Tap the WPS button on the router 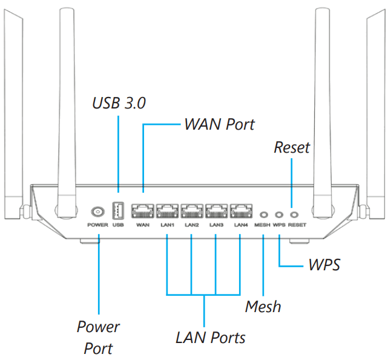[x=278, y=214]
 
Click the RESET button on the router [x=294, y=214]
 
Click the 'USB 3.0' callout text [x=119, y=103]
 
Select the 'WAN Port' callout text [x=219, y=124]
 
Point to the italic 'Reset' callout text [x=292, y=147]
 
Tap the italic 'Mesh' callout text [x=263, y=307]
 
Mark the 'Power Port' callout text [x=98, y=338]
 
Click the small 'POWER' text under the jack [x=97, y=225]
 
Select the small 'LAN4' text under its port [x=241, y=225]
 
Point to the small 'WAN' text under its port [x=143, y=225]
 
